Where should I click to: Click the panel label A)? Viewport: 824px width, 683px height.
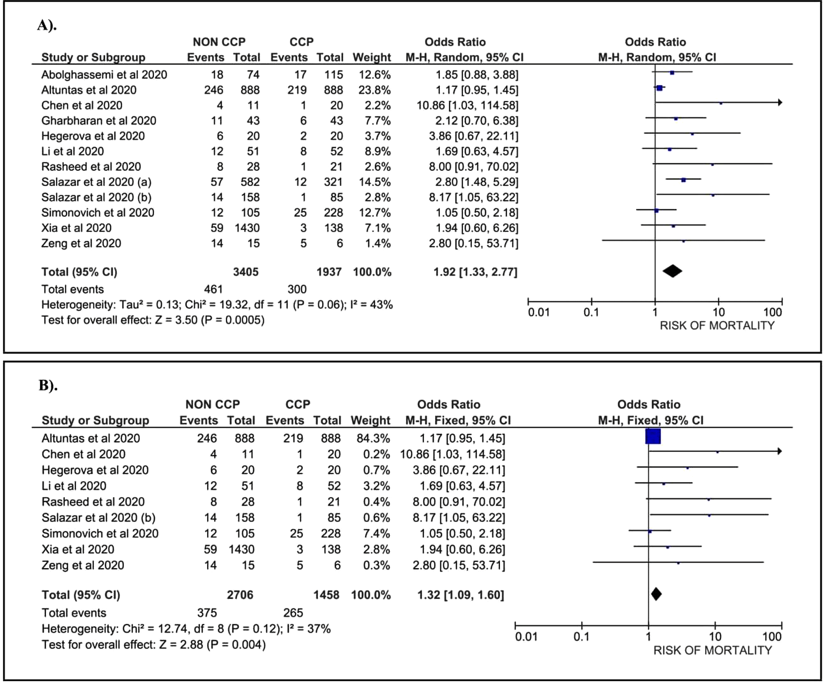pyautogui.click(x=47, y=25)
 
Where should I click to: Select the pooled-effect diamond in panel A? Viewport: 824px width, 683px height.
pyautogui.click(x=672, y=271)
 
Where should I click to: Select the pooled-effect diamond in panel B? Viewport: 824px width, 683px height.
pyautogui.click(x=656, y=594)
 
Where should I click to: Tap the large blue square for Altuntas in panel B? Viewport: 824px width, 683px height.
pyautogui.click(x=653, y=437)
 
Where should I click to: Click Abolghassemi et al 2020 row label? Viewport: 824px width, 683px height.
pyautogui.click(x=104, y=75)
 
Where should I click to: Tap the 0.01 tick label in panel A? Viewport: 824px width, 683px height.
pyautogui.click(x=539, y=313)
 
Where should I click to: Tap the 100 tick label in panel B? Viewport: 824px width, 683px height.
pyautogui.click(x=772, y=637)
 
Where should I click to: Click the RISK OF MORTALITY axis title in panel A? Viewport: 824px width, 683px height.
pyautogui.click(x=717, y=326)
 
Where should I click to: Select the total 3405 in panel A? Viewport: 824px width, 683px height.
pyautogui.click(x=246, y=272)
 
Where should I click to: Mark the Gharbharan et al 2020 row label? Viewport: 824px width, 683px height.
pyautogui.click(x=99, y=121)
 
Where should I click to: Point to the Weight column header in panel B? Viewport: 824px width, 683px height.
pyautogui.click(x=370, y=420)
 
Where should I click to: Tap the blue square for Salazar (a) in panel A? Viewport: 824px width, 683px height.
pyautogui.click(x=684, y=180)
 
